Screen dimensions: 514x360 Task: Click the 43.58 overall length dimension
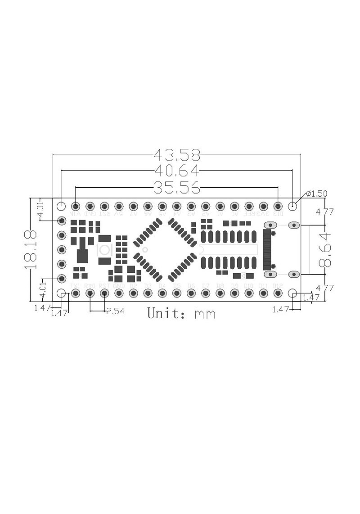[x=177, y=155]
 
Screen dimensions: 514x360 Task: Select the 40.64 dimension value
[x=177, y=171]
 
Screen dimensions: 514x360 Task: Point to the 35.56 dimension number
[x=177, y=187]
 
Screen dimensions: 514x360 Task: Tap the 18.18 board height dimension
[x=31, y=250]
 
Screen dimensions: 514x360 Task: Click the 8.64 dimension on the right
[x=325, y=250]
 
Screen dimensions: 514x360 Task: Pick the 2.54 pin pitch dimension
[x=115, y=311]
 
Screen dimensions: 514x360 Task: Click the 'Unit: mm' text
[x=181, y=313]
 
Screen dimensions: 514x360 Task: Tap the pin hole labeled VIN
[x=76, y=206]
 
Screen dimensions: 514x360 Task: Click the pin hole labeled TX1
[x=76, y=293]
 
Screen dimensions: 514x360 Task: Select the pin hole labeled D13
[x=278, y=206]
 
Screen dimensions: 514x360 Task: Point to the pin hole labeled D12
[x=278, y=293]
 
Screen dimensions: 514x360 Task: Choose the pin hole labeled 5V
[x=119, y=206]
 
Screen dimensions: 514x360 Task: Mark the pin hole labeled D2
[x=133, y=293]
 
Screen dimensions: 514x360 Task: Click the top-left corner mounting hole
[x=62, y=206]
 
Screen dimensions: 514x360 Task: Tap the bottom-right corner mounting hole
[x=293, y=293]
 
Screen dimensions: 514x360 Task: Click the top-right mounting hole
[x=293, y=206]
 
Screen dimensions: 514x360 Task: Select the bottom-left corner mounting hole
[x=62, y=293]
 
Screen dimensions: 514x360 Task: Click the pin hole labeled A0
[x=234, y=206]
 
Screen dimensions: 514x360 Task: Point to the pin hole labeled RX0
[x=90, y=293]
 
